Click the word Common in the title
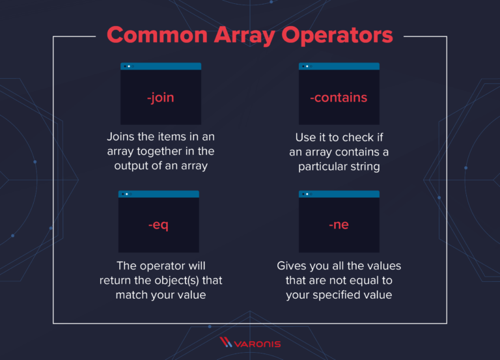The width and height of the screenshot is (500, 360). (157, 35)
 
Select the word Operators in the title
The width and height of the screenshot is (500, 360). (337, 36)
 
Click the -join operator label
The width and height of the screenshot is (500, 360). (160, 98)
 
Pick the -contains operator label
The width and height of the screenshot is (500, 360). (339, 98)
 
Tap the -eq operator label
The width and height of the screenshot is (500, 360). (158, 225)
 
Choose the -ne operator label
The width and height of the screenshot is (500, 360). (339, 225)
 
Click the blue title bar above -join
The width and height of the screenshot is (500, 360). (161, 66)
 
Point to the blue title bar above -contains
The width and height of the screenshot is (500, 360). (339, 66)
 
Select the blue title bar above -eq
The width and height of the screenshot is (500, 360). (159, 194)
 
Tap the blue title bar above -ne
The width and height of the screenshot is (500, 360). (339, 194)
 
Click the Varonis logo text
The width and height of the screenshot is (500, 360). (257, 344)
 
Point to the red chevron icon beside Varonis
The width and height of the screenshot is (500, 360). (226, 342)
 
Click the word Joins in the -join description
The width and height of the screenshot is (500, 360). (120, 137)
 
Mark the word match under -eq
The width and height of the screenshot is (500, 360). (132, 296)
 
